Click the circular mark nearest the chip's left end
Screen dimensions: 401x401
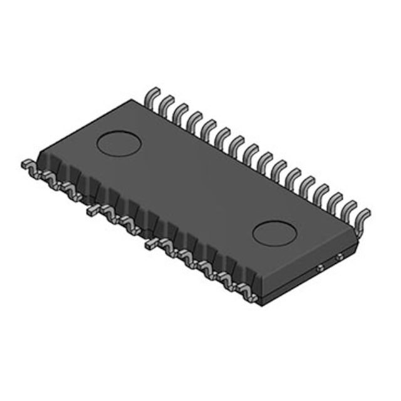117,143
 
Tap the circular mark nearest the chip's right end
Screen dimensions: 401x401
273,232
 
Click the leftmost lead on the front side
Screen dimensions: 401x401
29,165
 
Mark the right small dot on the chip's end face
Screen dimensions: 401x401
338,256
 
